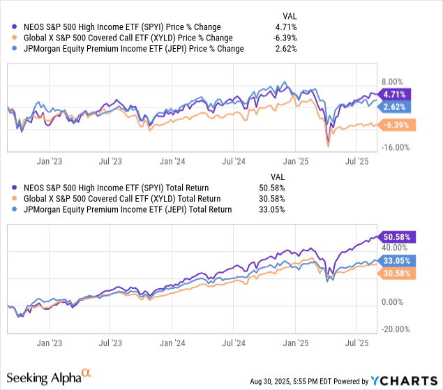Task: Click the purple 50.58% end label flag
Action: coord(398,237)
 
